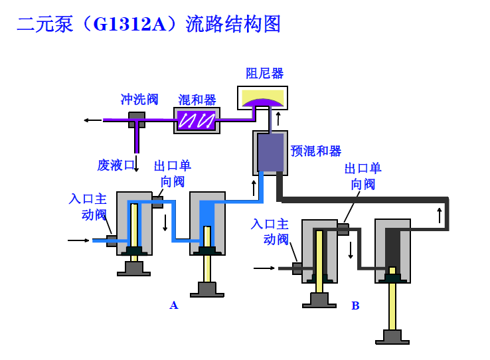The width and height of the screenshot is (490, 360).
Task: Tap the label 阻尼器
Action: [x=264, y=73]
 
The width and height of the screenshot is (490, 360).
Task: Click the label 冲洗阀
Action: [x=139, y=100]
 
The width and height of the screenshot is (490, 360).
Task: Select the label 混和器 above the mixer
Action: [x=197, y=100]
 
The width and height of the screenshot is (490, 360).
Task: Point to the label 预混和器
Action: [x=315, y=151]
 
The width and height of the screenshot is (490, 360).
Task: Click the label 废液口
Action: [x=116, y=165]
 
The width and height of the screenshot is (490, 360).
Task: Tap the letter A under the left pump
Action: [x=174, y=306]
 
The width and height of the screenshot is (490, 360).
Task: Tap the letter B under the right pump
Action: [x=355, y=306]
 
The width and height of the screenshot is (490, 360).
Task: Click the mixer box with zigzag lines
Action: [x=197, y=120]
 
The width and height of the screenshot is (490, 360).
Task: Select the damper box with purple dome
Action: [x=263, y=98]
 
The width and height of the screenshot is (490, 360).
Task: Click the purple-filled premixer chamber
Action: [x=270, y=153]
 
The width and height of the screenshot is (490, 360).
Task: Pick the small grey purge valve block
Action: [x=137, y=120]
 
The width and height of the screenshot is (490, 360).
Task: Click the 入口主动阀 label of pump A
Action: [x=88, y=207]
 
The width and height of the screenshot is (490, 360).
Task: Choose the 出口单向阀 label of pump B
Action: [x=363, y=176]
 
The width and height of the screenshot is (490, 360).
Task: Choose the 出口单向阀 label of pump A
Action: [x=172, y=173]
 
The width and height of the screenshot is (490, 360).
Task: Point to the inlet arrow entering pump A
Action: [x=77, y=240]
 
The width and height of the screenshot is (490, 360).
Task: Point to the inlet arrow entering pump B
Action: [x=264, y=268]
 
